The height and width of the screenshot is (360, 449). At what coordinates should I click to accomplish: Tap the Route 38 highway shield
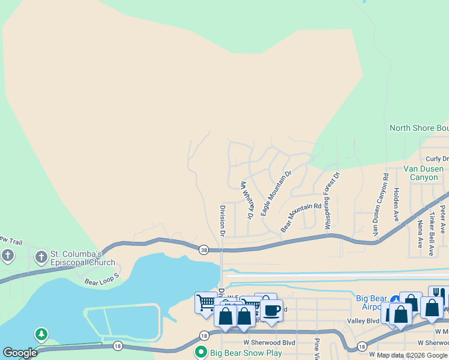coord(204,250)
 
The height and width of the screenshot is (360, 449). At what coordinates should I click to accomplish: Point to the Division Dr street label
coord(222,220)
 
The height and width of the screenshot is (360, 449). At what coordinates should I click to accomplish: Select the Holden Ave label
coord(396,203)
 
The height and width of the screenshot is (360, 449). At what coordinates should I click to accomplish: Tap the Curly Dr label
coord(436,159)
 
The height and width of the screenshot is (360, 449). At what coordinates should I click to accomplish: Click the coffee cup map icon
coord(271,310)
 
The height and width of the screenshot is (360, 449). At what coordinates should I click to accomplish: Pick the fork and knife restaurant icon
coord(439,294)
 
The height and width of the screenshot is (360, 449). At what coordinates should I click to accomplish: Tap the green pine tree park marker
coord(41,334)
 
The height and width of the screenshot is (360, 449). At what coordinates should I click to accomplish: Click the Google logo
coord(20,353)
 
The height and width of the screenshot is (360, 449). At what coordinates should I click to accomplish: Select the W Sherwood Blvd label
coord(273,343)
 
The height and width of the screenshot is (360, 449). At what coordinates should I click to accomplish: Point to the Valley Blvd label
coord(363,321)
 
